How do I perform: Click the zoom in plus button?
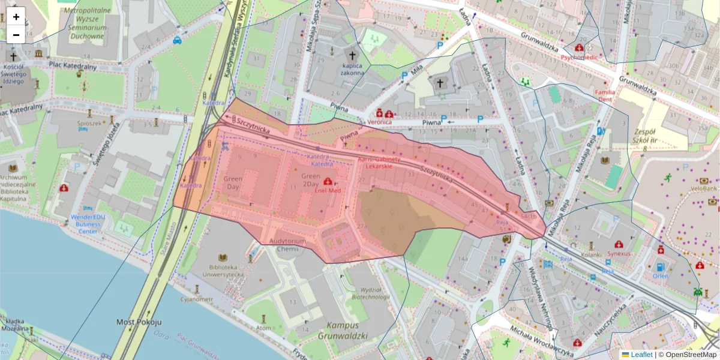click(16, 17)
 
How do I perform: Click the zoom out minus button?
click(16, 35)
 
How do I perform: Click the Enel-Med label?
click(328, 190)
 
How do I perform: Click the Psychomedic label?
click(579, 58)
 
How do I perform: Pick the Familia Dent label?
click(605, 96)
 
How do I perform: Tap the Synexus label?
click(619, 253)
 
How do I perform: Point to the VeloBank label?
click(704, 188)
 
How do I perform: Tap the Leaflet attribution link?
click(641, 355)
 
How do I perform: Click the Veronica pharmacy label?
click(380, 122)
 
